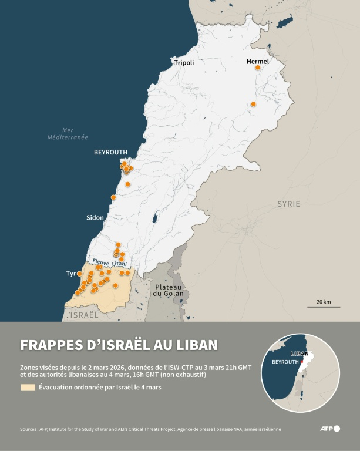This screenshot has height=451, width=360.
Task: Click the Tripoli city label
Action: [183, 62]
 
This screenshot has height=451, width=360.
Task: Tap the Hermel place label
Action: [258, 61]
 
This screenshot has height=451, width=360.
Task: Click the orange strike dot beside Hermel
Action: [257, 68]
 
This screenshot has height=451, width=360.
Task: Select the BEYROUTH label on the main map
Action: [110, 152]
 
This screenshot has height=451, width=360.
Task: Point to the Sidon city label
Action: [95, 218]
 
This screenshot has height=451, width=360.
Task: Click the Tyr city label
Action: [71, 274]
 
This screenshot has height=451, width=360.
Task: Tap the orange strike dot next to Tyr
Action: [79, 274]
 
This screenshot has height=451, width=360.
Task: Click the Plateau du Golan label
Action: [169, 290]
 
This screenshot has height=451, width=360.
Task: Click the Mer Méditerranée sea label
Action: [68, 133]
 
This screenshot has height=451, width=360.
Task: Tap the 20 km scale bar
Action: [323, 305]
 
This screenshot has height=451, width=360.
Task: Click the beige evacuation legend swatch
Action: [28, 388]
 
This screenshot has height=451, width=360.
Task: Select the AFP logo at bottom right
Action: [329, 429]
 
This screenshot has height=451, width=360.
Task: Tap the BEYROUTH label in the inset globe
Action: [285, 362]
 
